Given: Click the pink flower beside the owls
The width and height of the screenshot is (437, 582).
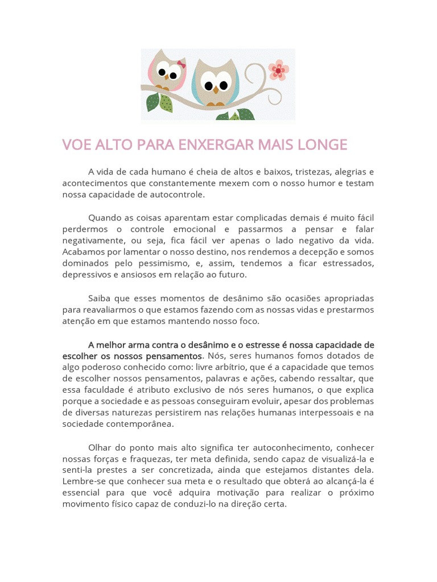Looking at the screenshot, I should point(278,70).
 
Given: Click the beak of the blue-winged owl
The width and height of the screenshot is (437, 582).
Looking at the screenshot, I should point(216,89).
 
